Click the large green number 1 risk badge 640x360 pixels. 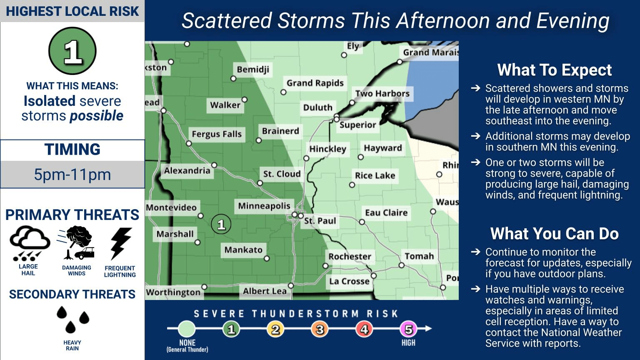coord(72,51)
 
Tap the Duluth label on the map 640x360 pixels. coord(317,107)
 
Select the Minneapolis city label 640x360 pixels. coord(264,206)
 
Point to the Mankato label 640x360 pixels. coord(243,250)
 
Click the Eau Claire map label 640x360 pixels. coord(386,213)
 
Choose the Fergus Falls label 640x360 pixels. coord(216,134)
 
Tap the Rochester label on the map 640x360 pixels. coord(350,257)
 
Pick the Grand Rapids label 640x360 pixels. coord(315,83)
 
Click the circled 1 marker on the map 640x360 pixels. coord(221,225)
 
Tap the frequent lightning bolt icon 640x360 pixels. coord(120,243)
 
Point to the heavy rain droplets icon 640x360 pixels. coord(72,320)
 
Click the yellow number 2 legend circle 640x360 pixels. coord(275,330)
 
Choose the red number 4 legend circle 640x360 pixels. coord(364,330)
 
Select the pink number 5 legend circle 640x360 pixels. coord(408,330)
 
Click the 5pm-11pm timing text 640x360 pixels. coord(72,175)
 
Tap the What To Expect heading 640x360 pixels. coord(554,70)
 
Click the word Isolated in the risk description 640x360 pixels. coord(49,101)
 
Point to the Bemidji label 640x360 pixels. coord(253,70)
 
